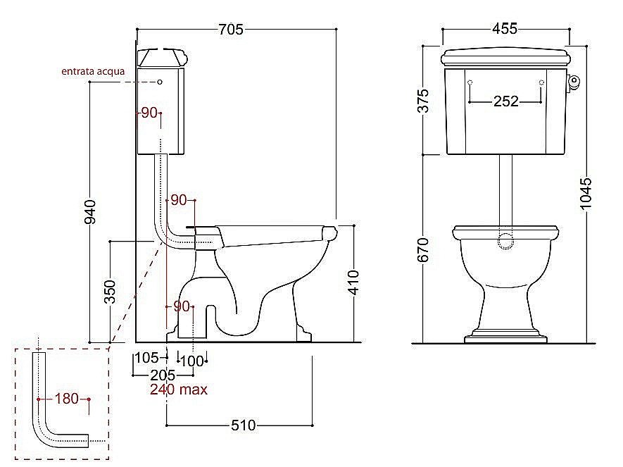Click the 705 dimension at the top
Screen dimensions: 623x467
pyautogui.click(x=231, y=30)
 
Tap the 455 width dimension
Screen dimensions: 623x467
pyautogui.click(x=505, y=29)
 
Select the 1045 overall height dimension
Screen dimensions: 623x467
pyautogui.click(x=586, y=193)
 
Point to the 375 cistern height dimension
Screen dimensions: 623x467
pyautogui.click(x=424, y=101)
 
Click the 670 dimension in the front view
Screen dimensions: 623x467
pyautogui.click(x=424, y=250)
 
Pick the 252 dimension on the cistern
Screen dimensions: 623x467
pyautogui.click(x=505, y=101)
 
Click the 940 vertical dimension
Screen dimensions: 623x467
pyautogui.click(x=91, y=212)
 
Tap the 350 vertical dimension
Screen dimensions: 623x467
pyautogui.click(x=110, y=292)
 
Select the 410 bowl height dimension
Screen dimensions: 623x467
pyautogui.click(x=353, y=282)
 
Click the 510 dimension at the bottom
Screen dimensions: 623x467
pyautogui.click(x=243, y=425)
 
